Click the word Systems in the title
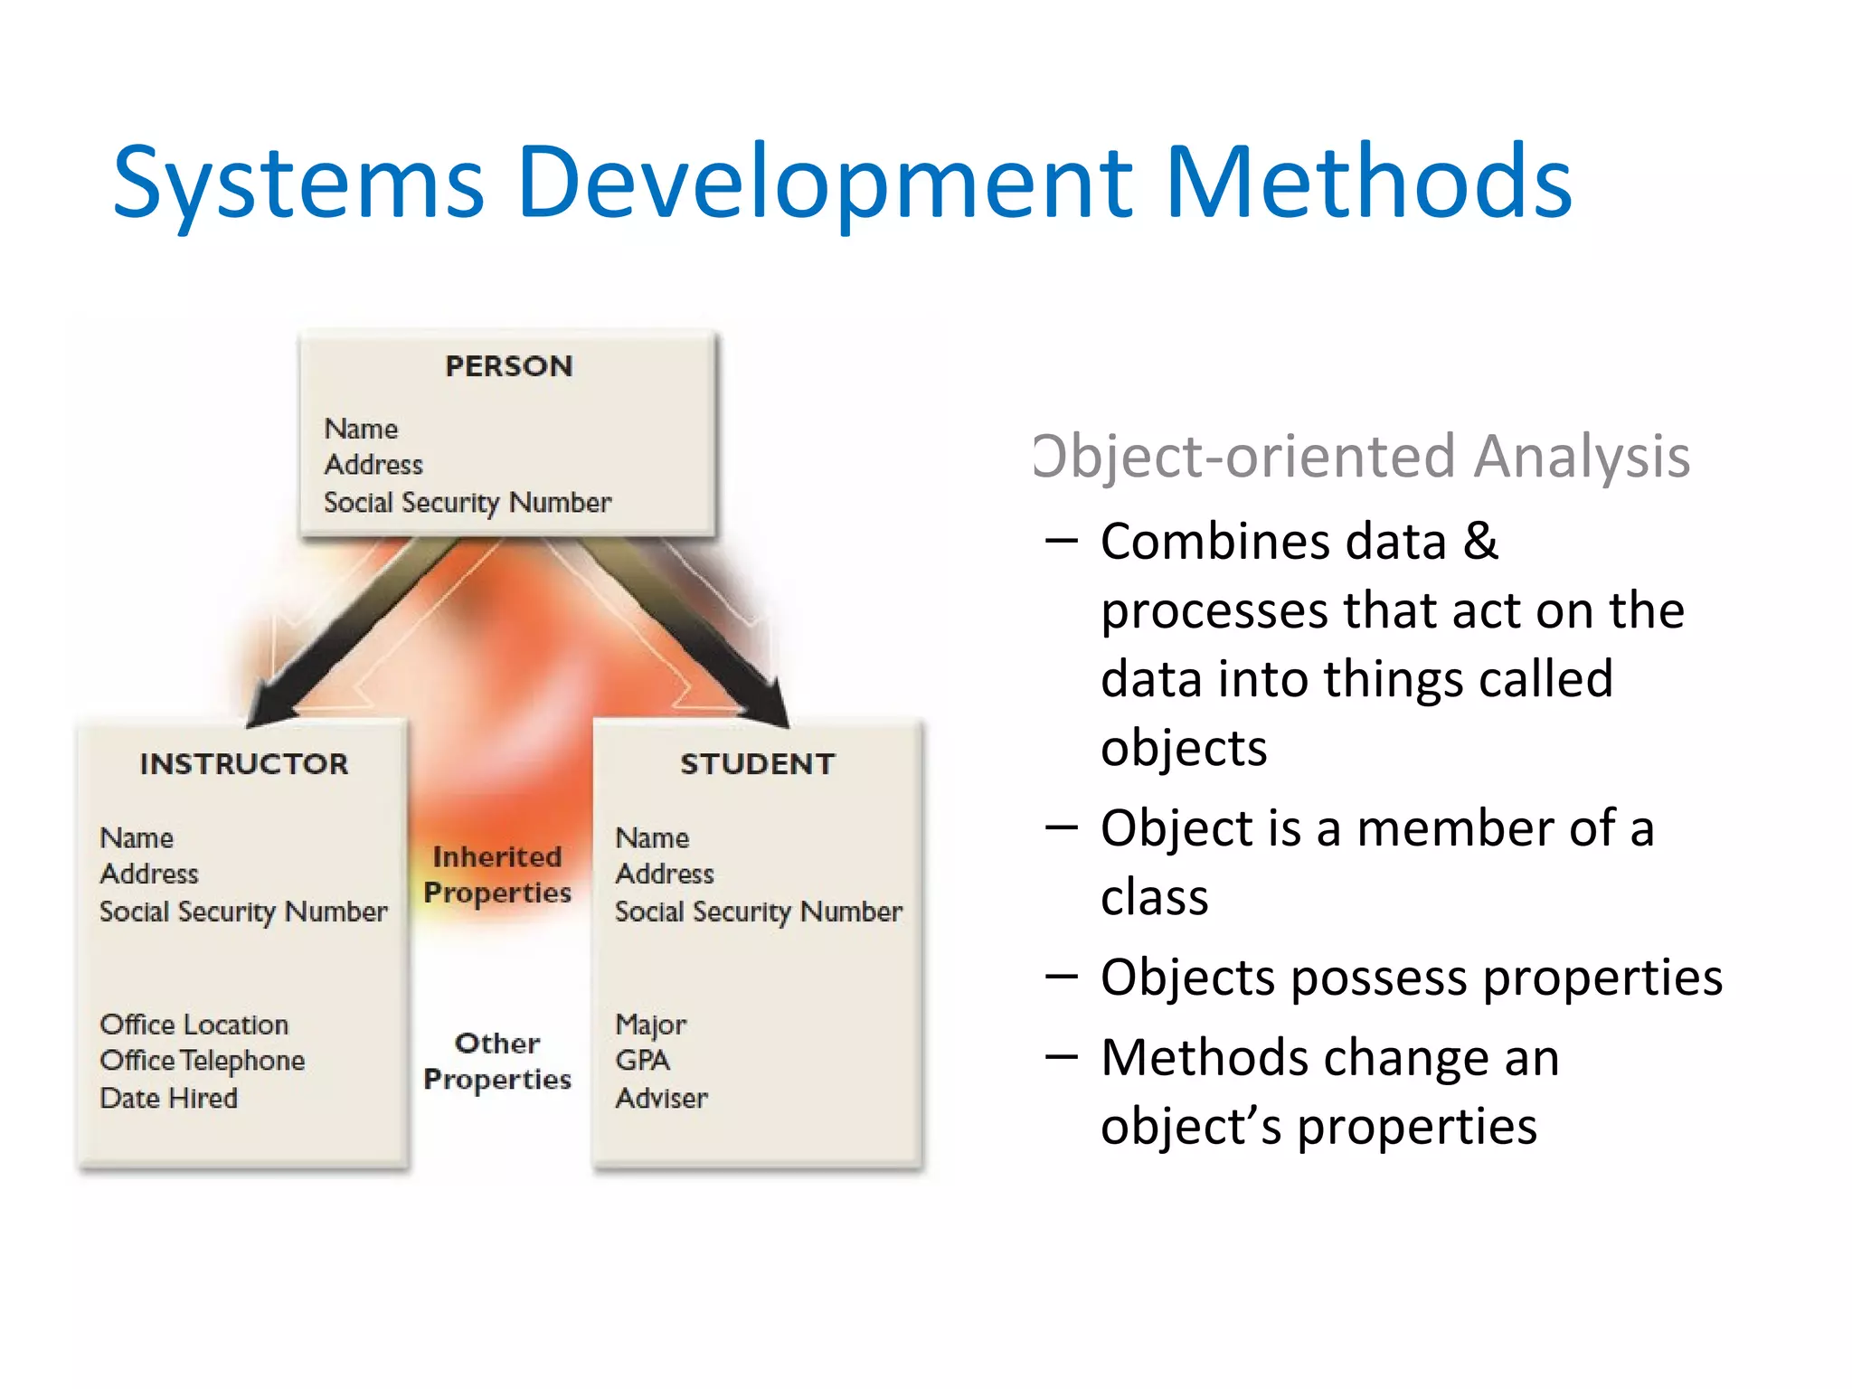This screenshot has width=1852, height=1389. tap(298, 185)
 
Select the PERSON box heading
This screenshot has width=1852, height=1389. tap(508, 366)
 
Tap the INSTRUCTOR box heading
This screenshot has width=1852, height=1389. tap(243, 764)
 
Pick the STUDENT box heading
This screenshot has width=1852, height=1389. tap(758, 764)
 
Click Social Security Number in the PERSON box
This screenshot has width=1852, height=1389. tap(468, 503)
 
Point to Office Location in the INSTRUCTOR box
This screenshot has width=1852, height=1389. tap(194, 1025)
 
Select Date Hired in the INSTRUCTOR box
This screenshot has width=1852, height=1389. tap(169, 1099)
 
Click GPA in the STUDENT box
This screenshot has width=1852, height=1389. tap(643, 1061)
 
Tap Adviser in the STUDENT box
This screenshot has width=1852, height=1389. tap(662, 1099)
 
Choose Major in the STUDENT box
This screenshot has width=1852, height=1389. tap(651, 1025)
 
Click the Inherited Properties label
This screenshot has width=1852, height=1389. tap(497, 874)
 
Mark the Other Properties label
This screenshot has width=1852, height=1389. tap(497, 1061)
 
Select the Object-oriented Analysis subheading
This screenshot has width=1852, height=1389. tap(1362, 456)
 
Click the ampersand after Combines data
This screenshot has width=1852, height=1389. tap(1480, 542)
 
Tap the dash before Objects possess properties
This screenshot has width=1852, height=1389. tap(1061, 977)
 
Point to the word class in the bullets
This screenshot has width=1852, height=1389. tap(1154, 898)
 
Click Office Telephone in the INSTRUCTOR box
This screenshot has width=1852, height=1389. tap(203, 1061)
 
